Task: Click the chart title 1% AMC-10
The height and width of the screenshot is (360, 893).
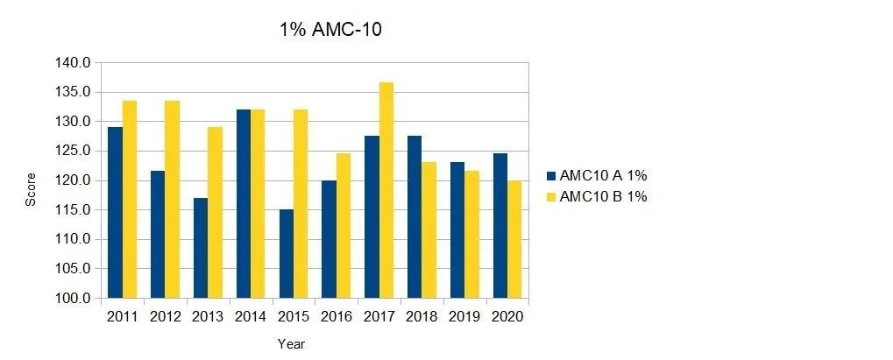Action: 330,29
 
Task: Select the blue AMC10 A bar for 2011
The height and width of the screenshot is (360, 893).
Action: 115,213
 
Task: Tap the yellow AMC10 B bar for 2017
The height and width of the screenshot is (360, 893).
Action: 386,190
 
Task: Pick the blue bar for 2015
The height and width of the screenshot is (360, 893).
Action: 286,254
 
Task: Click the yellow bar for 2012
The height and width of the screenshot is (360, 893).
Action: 172,200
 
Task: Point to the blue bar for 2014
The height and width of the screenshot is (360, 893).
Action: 243,204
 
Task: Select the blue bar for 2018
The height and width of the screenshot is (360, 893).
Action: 415,217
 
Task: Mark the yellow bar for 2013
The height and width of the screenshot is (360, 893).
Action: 215,213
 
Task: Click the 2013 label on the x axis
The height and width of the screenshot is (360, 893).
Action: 207,316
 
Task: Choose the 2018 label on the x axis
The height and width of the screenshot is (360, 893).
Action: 422,316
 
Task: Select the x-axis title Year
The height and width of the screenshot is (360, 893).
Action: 291,344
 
